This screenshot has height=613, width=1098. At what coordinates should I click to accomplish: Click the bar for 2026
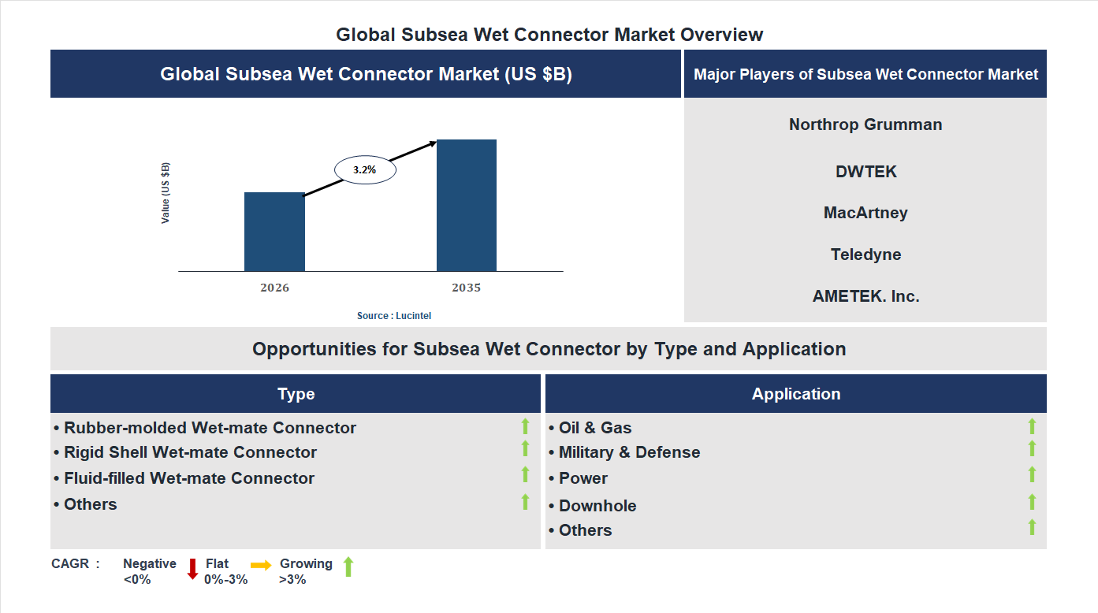coord(274,232)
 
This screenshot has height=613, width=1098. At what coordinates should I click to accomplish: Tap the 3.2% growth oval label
coord(365,169)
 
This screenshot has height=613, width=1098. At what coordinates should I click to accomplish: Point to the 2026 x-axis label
coord(274,288)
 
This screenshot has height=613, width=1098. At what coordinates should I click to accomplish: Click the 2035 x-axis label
coord(466,288)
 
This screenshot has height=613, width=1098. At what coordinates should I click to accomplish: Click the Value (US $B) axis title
coord(166,193)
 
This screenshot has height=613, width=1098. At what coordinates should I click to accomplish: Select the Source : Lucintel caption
coord(394,316)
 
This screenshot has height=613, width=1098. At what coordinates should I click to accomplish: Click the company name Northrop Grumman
coord(865,124)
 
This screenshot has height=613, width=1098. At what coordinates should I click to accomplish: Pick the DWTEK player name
coord(865,172)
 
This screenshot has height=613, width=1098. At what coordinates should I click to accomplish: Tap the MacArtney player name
coord(865,213)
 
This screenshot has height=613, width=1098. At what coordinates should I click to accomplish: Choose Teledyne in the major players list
coord(865,254)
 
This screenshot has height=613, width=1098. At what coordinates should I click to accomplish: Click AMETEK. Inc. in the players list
coord(865,296)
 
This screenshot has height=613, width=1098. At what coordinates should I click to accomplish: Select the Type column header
coord(296,394)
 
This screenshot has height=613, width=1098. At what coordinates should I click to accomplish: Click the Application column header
coord(795,394)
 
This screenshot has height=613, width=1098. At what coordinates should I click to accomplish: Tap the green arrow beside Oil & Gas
coord(1032,426)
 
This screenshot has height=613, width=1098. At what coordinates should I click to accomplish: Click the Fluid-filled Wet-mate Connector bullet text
coord(189,478)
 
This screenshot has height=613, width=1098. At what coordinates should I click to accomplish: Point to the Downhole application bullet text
coord(597,506)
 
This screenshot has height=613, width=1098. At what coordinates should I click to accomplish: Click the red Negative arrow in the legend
coord(192,569)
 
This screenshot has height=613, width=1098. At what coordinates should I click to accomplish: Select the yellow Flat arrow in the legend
coord(261,565)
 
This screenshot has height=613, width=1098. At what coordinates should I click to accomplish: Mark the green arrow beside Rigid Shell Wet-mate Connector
coord(525,448)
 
